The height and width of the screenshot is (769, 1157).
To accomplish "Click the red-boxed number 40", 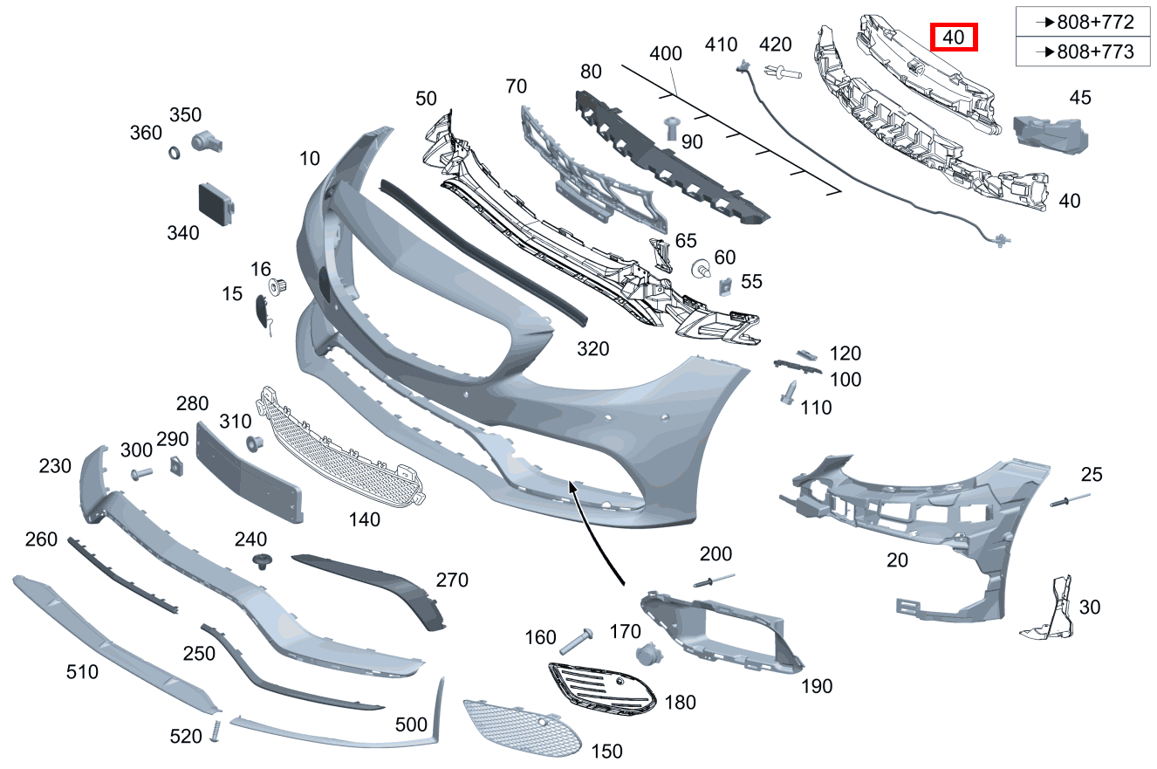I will pyautogui.click(x=954, y=38).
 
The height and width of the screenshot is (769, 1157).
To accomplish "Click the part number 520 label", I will pyautogui.click(x=186, y=737).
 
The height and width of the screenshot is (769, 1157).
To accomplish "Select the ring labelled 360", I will pyautogui.click(x=175, y=154).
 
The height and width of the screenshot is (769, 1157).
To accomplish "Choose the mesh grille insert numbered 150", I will pyautogui.click(x=520, y=727).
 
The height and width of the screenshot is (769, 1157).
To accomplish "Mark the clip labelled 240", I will pyautogui.click(x=258, y=560).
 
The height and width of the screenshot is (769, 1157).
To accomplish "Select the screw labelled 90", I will pyautogui.click(x=672, y=127).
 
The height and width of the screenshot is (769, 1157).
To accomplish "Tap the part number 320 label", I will pyautogui.click(x=592, y=349).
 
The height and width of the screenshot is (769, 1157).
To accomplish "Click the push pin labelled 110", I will pyautogui.click(x=790, y=391).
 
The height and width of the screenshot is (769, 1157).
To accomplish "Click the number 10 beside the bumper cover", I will pyautogui.click(x=309, y=158).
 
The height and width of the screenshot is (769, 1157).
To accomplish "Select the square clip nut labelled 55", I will pyautogui.click(x=725, y=284).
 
